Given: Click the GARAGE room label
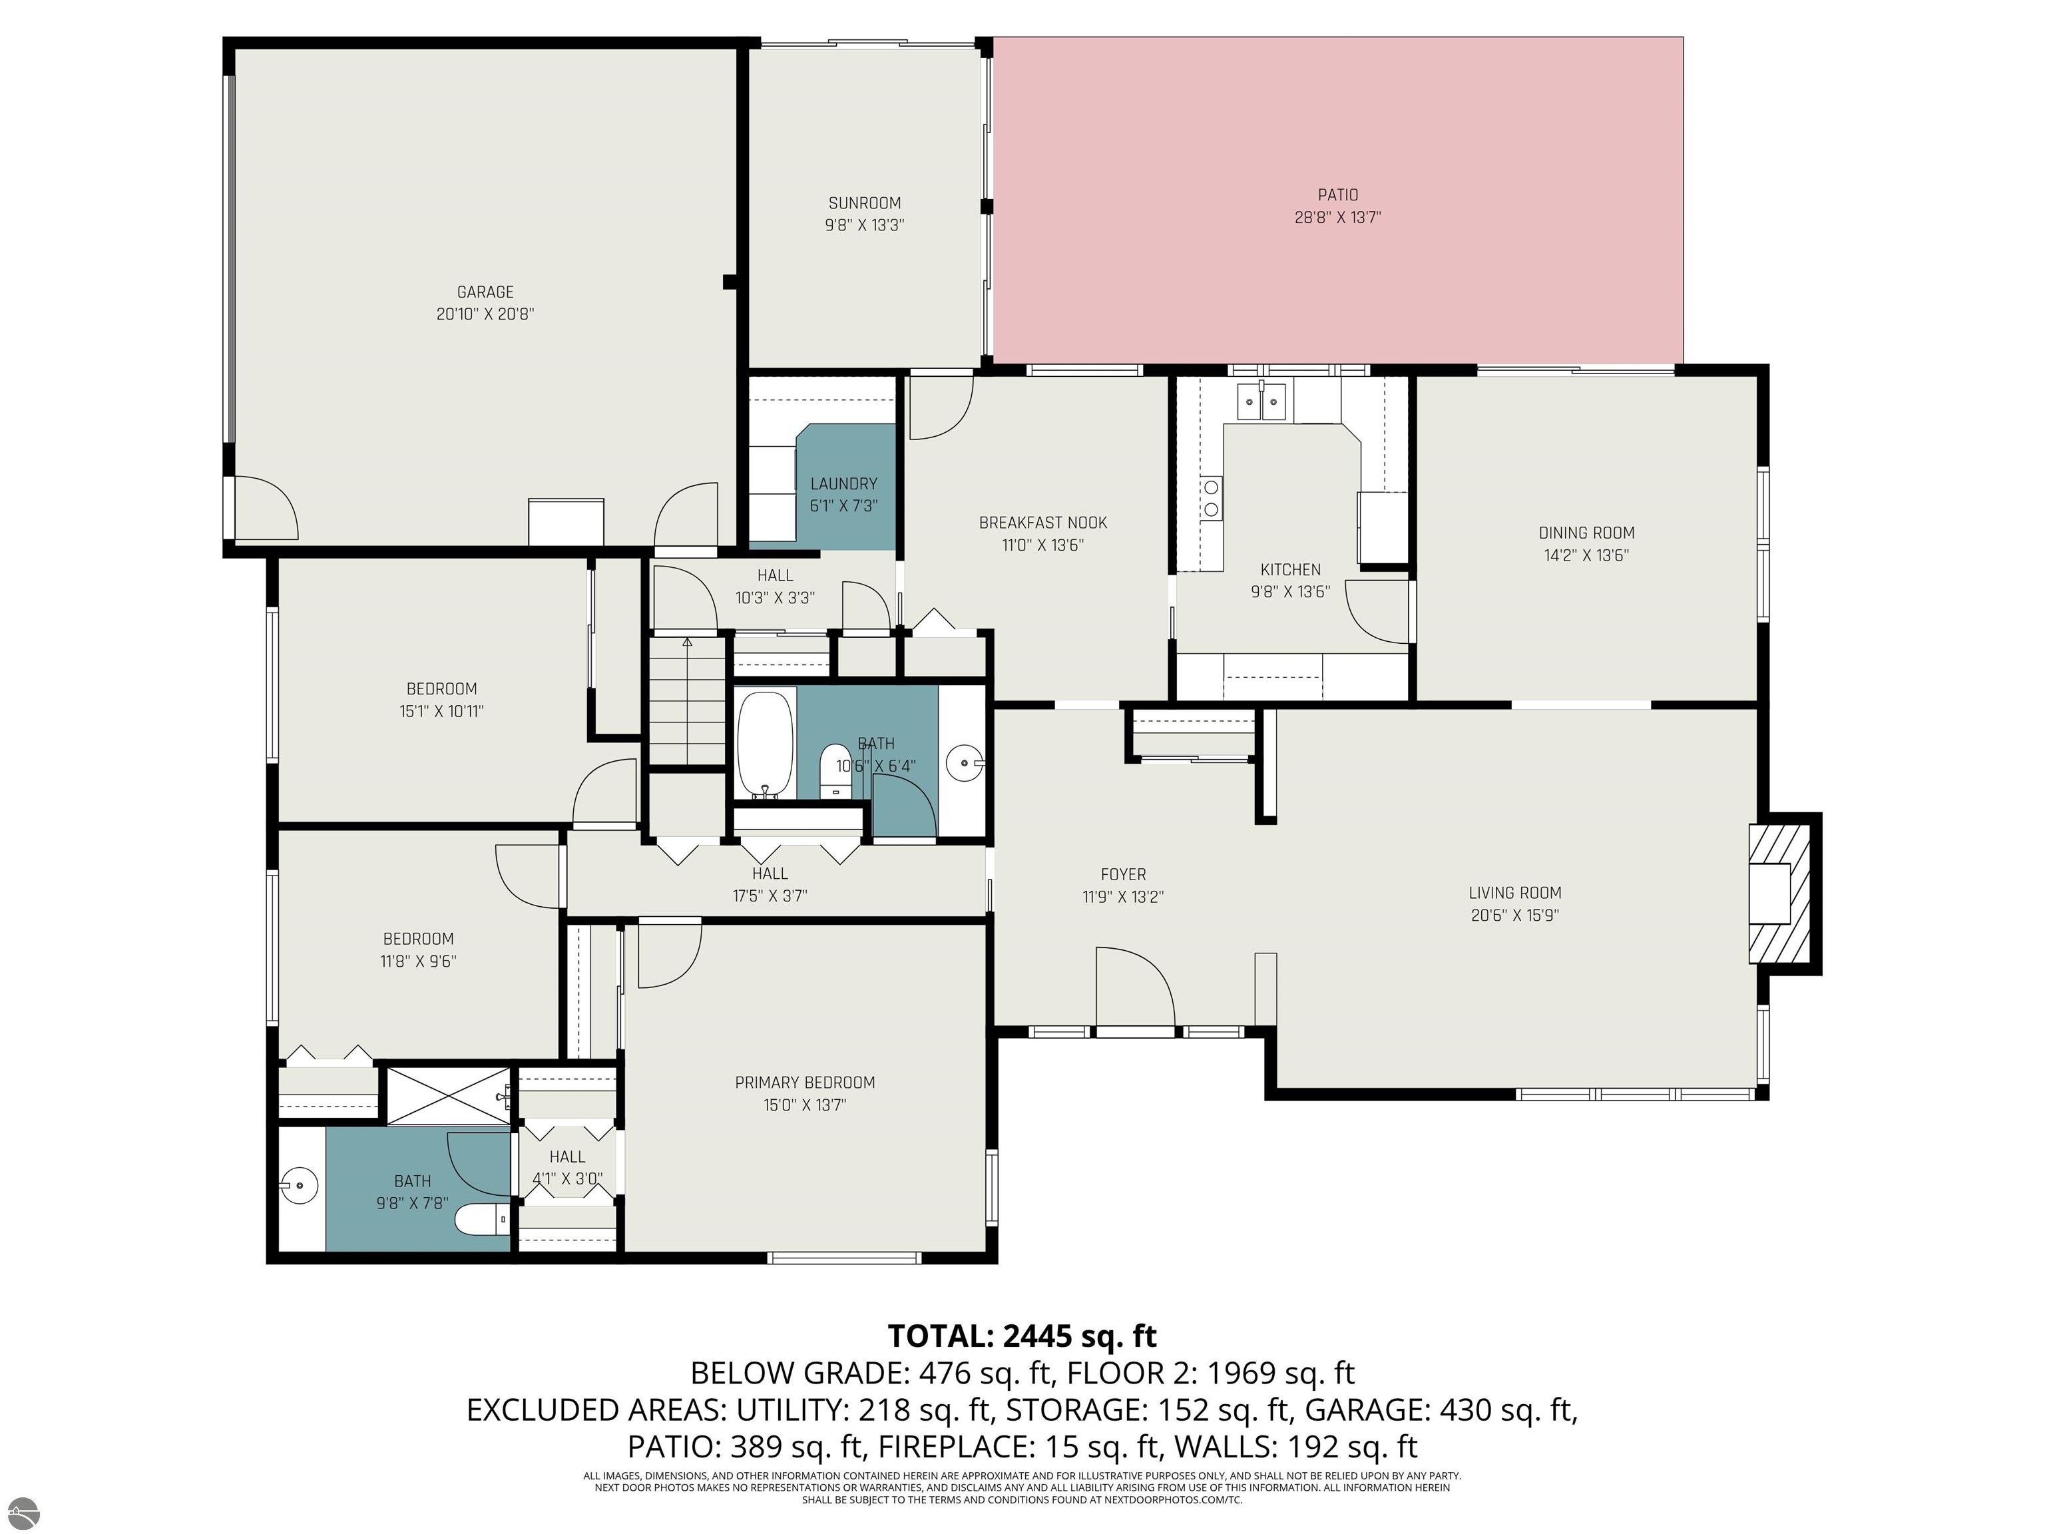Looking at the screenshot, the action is tap(485, 292).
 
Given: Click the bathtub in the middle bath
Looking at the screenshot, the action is tap(766, 744).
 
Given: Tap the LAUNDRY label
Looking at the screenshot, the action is tap(844, 483).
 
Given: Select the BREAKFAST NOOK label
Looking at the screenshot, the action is tap(1043, 523).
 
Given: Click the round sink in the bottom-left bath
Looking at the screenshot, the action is tap(299, 1185).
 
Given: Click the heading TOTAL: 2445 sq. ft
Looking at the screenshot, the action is tap(1022, 1336).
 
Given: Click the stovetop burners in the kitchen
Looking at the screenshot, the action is tap(1211, 497).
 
